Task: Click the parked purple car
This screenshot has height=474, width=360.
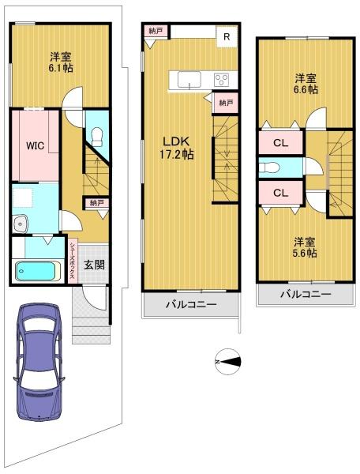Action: point(39,362)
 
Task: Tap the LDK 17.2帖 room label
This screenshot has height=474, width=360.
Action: point(176,148)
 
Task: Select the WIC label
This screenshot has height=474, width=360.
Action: point(35,145)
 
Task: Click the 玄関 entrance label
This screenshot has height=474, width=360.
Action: point(94,265)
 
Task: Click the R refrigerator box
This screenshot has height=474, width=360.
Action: point(227,36)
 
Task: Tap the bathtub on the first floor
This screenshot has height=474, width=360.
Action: point(36,271)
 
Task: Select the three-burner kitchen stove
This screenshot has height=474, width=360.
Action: point(222,80)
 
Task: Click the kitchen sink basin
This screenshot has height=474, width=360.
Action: point(189,80)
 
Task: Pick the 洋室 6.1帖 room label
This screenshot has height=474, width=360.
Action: point(61,62)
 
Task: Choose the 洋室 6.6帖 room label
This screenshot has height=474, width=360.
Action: point(306,85)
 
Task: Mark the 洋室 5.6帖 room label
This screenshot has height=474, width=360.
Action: point(305,247)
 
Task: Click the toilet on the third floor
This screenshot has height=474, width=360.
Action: point(270,167)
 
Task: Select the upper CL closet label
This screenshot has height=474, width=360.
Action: point(280,143)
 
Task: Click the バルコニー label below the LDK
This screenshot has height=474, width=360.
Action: point(191,304)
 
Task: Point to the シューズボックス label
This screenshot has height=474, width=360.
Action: point(73,260)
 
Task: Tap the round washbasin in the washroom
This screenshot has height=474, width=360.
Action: point(21,224)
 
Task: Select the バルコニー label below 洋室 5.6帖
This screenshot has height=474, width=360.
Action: point(306,294)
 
